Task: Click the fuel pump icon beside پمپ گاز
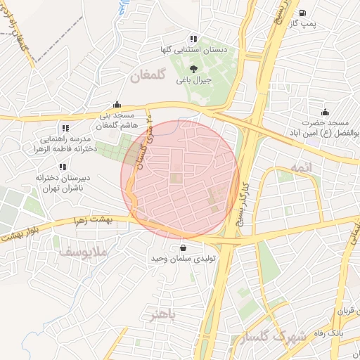tap(302, 13)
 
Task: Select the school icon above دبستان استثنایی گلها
tap(193, 39)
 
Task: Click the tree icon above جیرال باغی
tap(194, 69)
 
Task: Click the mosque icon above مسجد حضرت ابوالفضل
tap(325, 112)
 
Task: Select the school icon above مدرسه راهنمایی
tap(65, 128)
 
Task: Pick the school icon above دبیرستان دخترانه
tap(63, 167)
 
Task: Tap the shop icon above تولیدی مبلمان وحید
tap(184, 247)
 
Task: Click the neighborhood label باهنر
tap(161, 315)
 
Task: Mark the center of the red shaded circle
tap(180, 179)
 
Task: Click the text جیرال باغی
tap(194, 80)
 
